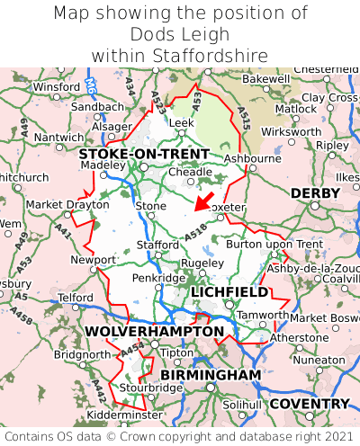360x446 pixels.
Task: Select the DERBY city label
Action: click(315, 193)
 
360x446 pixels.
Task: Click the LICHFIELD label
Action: click(229, 292)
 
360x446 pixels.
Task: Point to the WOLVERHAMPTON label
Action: click(154, 332)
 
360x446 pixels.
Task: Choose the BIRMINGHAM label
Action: click(211, 374)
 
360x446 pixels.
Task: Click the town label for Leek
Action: click(182, 122)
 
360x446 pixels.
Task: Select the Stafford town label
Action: click(157, 244)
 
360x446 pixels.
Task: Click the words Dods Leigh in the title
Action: click(180, 35)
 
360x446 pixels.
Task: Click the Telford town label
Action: click(76, 296)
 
